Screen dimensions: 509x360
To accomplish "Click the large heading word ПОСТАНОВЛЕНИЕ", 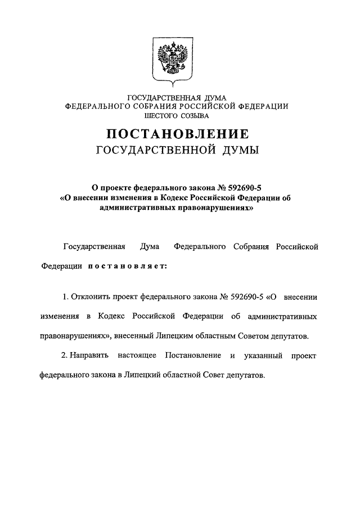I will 177,134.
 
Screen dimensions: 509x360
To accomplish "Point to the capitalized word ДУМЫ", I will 233,150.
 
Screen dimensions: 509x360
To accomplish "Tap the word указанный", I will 263,357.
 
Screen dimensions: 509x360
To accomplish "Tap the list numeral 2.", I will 61,357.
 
